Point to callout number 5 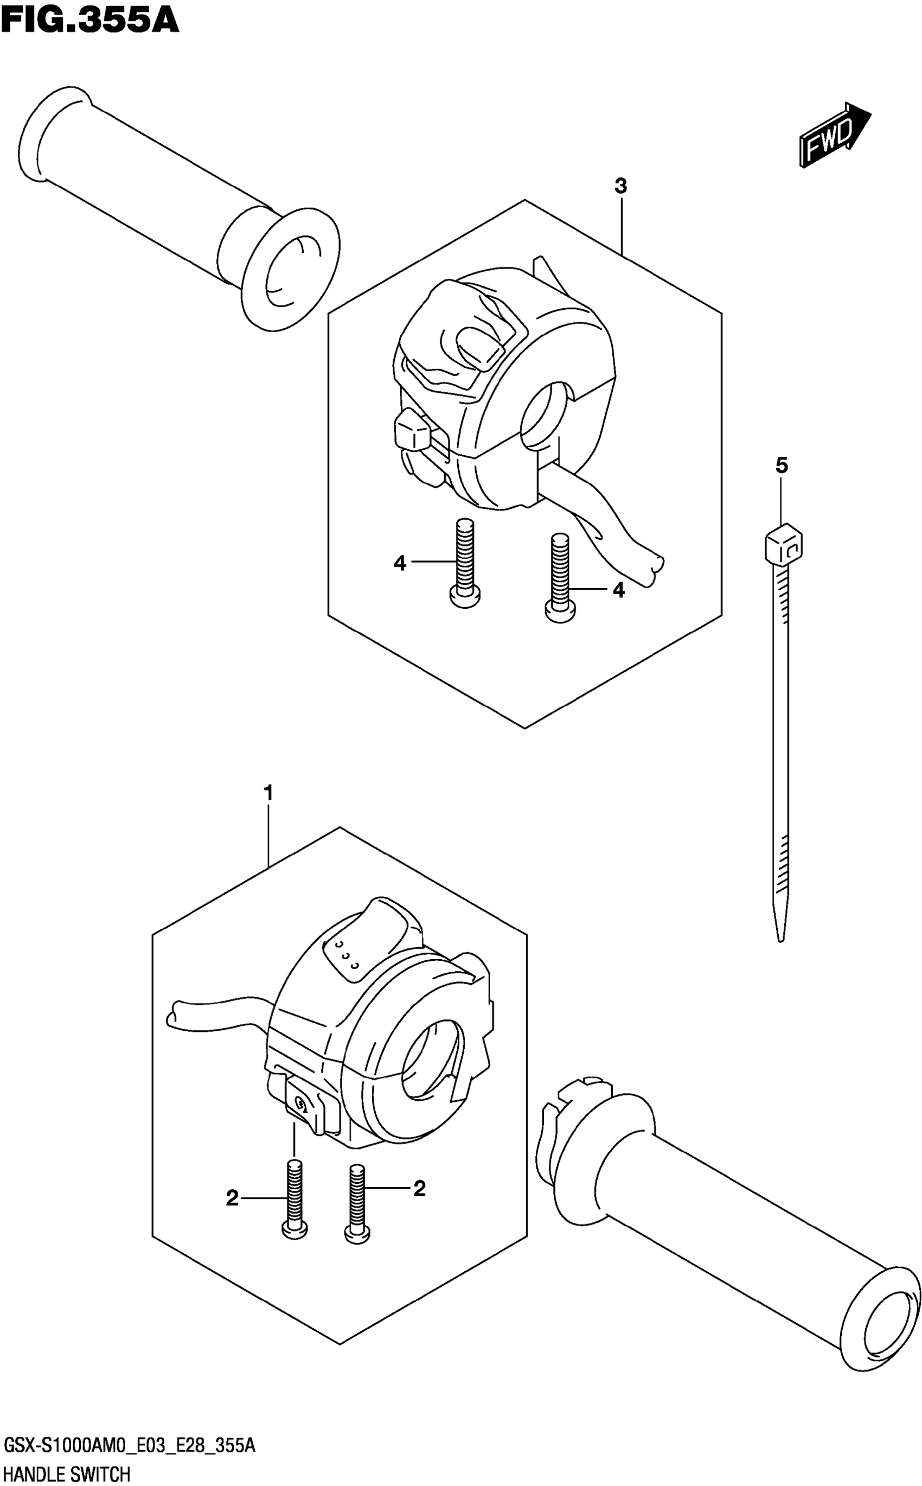pos(781,466)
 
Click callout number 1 pos(267,794)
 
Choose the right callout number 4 pos(618,590)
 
